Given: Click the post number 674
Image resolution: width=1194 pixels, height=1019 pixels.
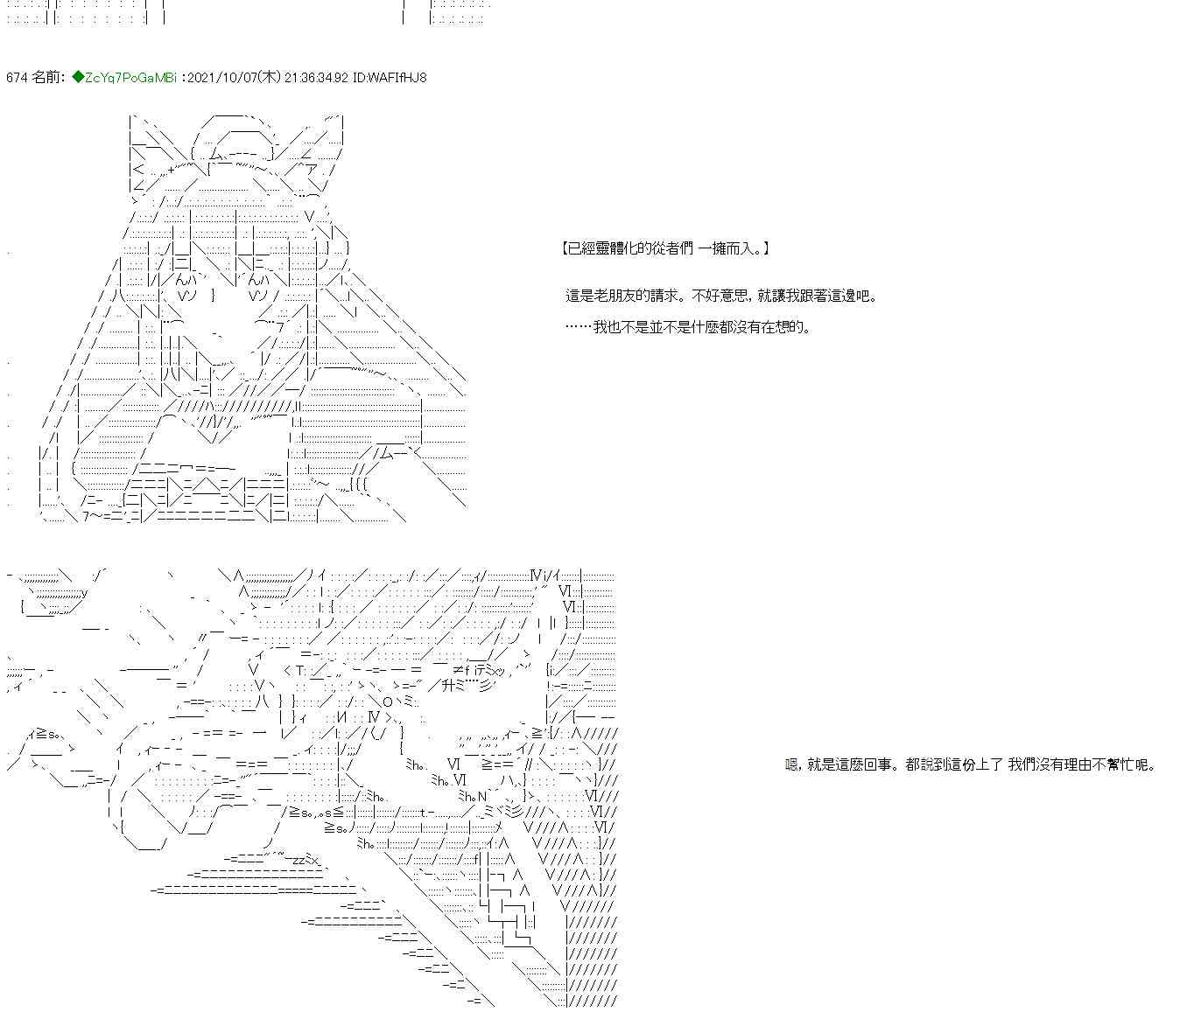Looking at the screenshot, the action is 17,77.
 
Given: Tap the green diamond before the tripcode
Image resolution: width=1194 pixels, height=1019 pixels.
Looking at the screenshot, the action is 78,77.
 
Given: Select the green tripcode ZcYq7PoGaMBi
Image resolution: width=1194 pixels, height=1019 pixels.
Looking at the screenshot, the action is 130,77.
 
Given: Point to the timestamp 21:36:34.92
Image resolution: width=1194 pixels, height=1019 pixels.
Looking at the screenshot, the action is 316,77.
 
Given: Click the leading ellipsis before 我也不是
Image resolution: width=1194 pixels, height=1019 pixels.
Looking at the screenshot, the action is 579,327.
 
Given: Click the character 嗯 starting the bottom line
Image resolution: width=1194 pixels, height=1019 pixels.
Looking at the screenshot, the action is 792,765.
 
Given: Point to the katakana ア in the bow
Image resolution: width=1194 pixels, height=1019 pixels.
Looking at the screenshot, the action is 311,170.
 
